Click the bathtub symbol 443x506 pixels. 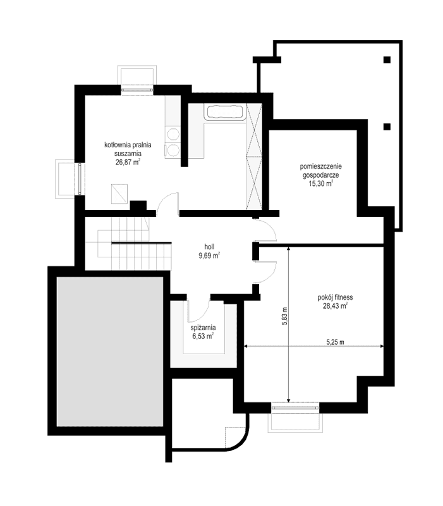point(224,113)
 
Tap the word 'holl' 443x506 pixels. point(209,247)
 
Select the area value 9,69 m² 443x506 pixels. point(209,257)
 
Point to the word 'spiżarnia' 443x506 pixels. point(203,328)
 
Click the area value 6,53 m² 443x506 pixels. point(203,337)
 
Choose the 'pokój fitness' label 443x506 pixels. point(336,297)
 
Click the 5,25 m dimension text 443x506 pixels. point(334,342)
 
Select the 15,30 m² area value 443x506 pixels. point(321,184)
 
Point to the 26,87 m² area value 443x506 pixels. point(128,162)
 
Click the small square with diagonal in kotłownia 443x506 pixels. point(119,192)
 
